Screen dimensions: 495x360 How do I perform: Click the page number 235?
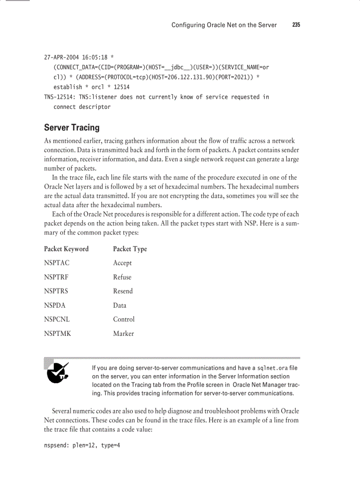(296, 25)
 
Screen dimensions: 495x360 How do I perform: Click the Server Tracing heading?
(71, 128)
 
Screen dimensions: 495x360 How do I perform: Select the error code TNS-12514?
(59, 97)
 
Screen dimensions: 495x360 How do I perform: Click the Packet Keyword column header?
(66, 249)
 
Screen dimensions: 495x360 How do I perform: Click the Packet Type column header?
(130, 249)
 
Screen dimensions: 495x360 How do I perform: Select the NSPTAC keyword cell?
(56, 263)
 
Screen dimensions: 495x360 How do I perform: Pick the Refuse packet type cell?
(122, 277)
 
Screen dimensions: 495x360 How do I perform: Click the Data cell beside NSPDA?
(120, 305)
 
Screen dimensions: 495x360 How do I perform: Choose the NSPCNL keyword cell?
(57, 320)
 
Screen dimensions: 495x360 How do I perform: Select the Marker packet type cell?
(123, 334)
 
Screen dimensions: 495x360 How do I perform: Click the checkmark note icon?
(57, 372)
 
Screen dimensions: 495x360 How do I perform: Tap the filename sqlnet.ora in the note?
(272, 368)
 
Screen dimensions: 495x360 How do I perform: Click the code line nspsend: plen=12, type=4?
(82, 446)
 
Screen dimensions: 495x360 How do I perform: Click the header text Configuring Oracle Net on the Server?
(224, 25)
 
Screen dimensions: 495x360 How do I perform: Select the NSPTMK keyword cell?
(57, 334)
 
